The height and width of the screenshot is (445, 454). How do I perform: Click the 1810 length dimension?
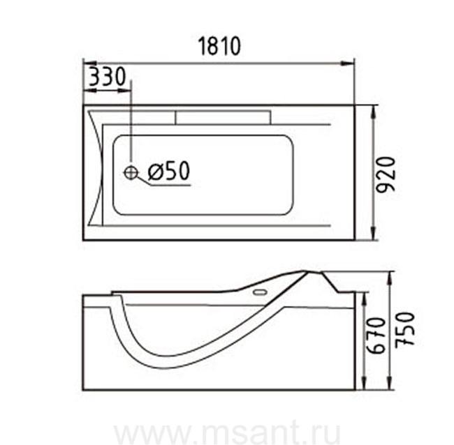tap(219, 46)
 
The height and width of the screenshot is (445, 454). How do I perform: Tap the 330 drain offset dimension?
tap(107, 76)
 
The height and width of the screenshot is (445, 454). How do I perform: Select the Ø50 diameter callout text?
tap(169, 170)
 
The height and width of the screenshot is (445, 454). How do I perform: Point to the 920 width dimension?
tap(386, 174)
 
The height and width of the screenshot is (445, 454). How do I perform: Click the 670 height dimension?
tap(376, 335)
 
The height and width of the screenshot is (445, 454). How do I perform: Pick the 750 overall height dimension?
tap(405, 329)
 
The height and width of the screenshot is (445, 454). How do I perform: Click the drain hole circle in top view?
tap(131, 172)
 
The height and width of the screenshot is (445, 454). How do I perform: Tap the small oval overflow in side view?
tap(260, 292)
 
